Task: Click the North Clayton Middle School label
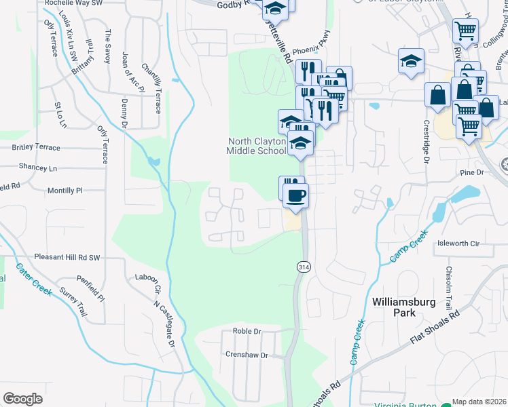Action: click(256, 146)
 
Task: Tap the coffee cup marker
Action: click(295, 197)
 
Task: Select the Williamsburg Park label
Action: click(403, 307)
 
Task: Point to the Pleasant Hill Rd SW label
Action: click(67, 258)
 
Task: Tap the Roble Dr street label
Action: click(247, 331)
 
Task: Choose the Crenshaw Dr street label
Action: click(247, 355)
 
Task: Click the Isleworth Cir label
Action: click(458, 243)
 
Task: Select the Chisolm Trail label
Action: click(449, 288)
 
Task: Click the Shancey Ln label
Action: click(38, 168)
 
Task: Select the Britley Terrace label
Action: click(36, 147)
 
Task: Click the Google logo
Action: click(22, 398)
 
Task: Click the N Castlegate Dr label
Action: click(164, 324)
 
